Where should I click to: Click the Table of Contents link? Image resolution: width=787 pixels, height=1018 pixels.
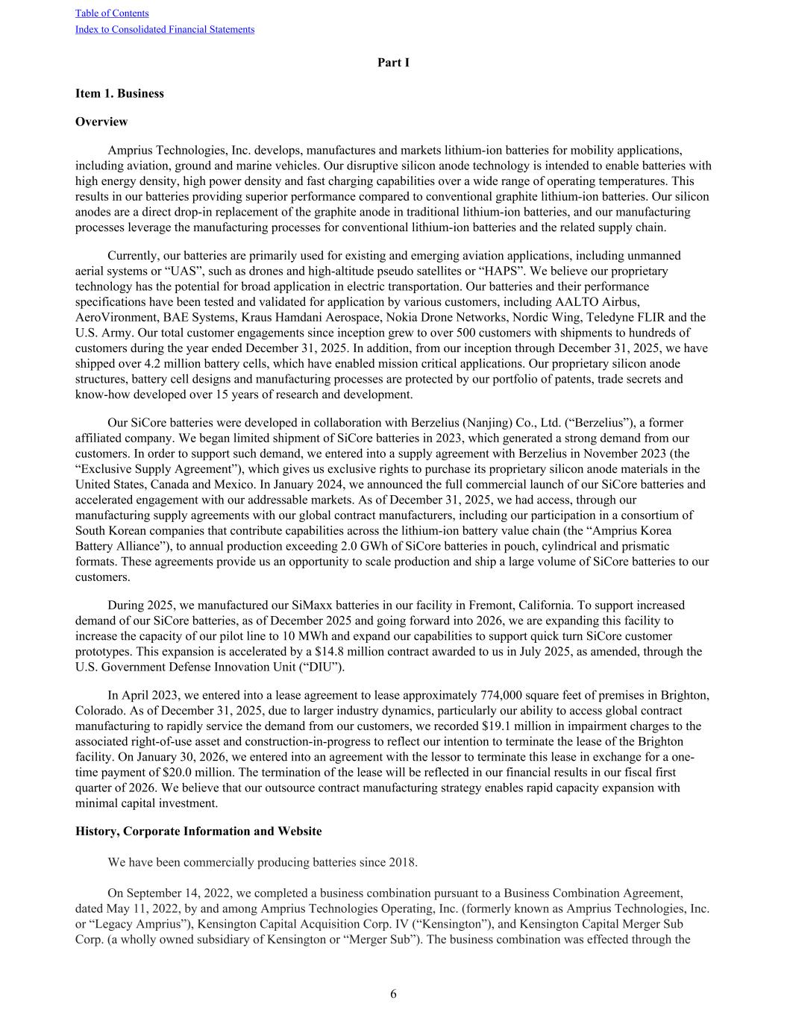point(112,13)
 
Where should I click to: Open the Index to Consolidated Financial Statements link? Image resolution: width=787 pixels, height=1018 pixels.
point(165,30)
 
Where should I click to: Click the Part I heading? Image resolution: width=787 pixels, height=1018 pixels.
point(393,63)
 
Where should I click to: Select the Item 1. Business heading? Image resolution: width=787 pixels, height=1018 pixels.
point(119,93)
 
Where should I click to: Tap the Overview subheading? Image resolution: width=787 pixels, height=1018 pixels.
point(101,122)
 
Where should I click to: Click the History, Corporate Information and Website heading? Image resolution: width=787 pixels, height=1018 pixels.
point(198,831)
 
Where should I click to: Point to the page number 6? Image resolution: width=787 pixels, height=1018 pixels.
point(393,993)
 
